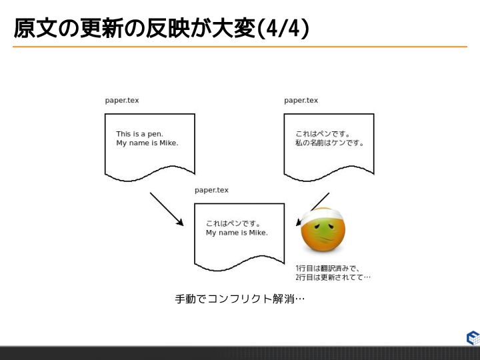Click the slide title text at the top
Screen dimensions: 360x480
pos(160,29)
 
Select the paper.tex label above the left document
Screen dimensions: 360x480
pos(122,101)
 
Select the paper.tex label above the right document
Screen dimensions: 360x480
pos(301,101)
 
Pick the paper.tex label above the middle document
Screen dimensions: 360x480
pos(211,190)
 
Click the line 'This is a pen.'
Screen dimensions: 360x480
pos(139,134)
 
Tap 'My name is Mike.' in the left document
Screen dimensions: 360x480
pos(147,143)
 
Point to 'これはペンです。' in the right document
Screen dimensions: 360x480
pos(323,134)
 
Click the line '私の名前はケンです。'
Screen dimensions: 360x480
pos(330,143)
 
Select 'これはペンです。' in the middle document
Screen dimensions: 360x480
pos(233,223)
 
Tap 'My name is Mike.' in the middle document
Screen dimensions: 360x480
pos(237,233)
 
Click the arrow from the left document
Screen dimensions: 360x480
pos(166,209)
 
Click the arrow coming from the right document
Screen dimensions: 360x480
pos(313,209)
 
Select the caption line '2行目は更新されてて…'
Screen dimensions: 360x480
pos(333,277)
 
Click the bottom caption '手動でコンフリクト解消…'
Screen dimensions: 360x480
pos(239,299)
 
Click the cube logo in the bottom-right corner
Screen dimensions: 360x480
pos(472,337)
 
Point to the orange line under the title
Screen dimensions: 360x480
pos(240,47)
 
